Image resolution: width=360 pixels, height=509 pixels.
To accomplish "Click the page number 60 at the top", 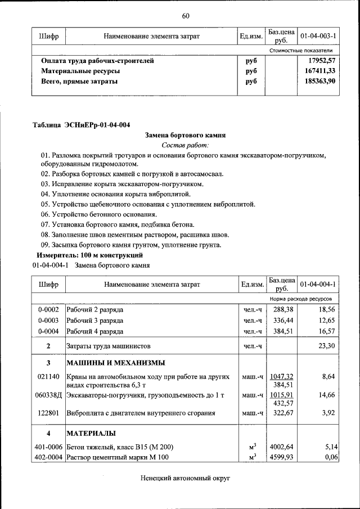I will coord(185,15).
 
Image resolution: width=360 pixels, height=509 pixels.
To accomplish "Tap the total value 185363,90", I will coord(318,81).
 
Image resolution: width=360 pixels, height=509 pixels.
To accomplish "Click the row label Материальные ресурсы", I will coord(80,71).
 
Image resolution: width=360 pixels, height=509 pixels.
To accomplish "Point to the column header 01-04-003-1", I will coord(318,36).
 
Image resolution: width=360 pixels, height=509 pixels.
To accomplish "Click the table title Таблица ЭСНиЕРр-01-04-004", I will coord(84,124).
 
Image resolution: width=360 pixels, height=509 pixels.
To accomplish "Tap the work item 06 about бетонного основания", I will coord(98,214).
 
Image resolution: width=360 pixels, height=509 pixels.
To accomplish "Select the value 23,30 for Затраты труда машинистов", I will coord(326,346).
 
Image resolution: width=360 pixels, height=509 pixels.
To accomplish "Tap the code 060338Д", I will coord(48,396).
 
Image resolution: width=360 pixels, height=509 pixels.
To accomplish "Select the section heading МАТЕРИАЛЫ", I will coord(91,434).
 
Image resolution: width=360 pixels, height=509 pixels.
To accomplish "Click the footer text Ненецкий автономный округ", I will coord(185,478).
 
